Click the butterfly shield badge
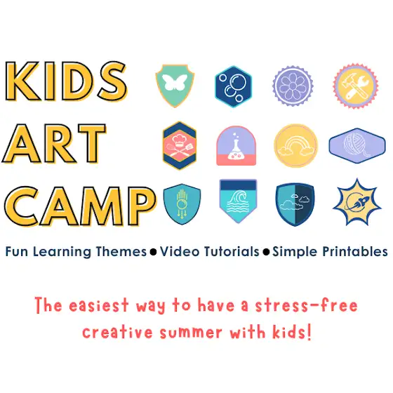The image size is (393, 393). [x=175, y=86]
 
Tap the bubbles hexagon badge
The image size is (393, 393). [x=233, y=86]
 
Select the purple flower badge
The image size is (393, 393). [x=293, y=86]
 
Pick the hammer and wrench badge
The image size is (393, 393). [x=356, y=86]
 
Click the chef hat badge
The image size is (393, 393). [x=180, y=145]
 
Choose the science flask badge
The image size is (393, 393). [x=236, y=146]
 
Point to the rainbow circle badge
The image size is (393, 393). [x=295, y=146]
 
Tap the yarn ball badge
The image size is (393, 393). [x=357, y=146]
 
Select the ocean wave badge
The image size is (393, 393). [x=238, y=201]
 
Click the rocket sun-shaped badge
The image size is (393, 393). [x=357, y=202]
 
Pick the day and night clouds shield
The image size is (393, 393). [x=295, y=204]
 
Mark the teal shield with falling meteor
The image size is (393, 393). [x=182, y=204]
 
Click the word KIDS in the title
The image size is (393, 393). [x=66, y=81]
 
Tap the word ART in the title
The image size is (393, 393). [x=54, y=144]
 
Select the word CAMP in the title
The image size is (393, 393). [x=80, y=206]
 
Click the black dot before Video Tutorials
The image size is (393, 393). [x=153, y=252]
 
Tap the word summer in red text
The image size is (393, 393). [x=191, y=333]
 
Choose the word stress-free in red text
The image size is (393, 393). [x=306, y=305]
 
